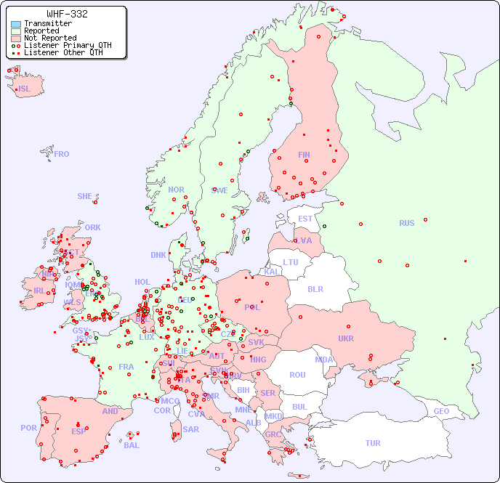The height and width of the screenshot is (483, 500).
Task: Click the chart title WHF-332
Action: pos(67,14)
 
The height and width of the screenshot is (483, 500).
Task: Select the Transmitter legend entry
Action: pos(48,24)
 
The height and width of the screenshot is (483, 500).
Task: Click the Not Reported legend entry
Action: pos(50,38)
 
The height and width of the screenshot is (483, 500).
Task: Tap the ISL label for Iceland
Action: pos(25,89)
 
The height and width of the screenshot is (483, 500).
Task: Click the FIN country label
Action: pos(304,155)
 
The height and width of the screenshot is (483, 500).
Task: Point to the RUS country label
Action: pos(406,223)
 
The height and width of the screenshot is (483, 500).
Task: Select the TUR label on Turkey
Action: pos(373,443)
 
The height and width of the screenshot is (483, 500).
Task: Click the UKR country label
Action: pos(346,338)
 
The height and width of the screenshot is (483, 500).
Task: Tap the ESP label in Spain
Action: pos(78,431)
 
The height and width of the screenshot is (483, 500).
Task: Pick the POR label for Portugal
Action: pos(28,428)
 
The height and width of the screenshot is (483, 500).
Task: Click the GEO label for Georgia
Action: pos(441,411)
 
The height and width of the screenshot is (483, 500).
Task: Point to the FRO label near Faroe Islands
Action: pos(61,154)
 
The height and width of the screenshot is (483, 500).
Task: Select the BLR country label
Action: pos(315,288)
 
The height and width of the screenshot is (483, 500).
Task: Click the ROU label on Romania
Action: pos(297,375)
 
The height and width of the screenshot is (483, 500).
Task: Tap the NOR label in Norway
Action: pos(176,190)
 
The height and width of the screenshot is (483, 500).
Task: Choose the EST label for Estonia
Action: pos(305,219)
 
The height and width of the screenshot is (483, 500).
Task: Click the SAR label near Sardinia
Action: pos(190,429)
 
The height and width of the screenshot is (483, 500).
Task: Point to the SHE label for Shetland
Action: pos(85,196)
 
